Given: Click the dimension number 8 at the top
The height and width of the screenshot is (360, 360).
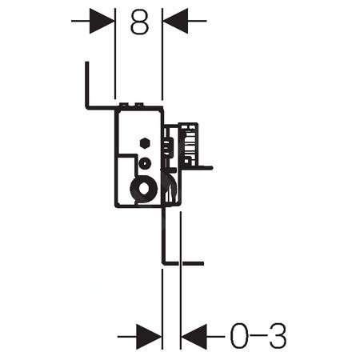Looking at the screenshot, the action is [x=139, y=22].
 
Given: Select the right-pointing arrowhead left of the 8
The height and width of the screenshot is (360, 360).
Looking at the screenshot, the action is [x=102, y=21].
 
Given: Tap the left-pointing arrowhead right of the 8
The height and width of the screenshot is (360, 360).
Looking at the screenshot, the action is [x=175, y=21].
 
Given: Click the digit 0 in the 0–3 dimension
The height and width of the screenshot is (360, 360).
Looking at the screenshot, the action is [x=239, y=336].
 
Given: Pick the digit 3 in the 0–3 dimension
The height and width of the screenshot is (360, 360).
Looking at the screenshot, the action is [x=278, y=336].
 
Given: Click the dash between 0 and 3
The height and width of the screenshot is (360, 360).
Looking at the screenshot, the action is [x=258, y=337].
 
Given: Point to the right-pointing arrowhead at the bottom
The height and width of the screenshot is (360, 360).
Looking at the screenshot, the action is [x=149, y=337].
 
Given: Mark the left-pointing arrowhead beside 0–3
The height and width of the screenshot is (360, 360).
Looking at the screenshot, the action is [x=194, y=337].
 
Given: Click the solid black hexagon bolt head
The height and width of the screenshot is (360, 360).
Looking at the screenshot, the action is [x=145, y=143].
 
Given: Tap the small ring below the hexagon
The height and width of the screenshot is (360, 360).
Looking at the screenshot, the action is [x=145, y=163].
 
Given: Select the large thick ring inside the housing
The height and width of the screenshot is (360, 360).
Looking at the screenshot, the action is [x=135, y=189].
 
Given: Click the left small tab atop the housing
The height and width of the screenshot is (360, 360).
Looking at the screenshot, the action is [x=124, y=104].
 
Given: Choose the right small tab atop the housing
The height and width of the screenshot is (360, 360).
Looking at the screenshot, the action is [x=139, y=104].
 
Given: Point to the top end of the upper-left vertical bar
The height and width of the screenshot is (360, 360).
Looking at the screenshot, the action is [x=87, y=62].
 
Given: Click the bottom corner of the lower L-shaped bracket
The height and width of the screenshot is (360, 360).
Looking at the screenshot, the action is [x=163, y=264].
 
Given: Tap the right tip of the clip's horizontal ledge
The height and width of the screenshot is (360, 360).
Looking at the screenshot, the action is [x=212, y=168].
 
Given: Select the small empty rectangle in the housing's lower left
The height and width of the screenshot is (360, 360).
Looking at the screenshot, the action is [x=125, y=178].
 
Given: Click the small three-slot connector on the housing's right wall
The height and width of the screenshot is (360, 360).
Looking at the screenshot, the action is [x=167, y=146].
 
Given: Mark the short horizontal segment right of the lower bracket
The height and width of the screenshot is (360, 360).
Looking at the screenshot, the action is [x=193, y=263].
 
